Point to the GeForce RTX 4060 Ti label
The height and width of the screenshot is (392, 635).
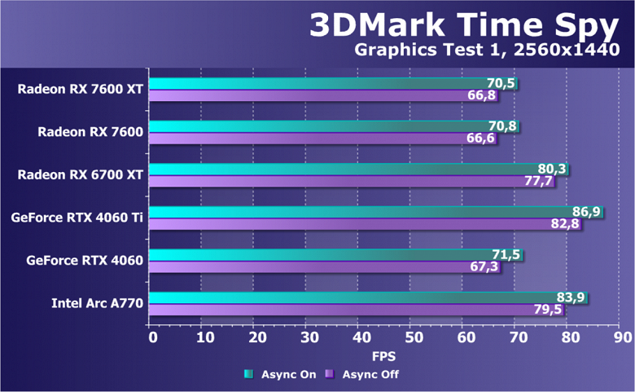coord(77,218)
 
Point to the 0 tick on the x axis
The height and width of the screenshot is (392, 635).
coord(152,337)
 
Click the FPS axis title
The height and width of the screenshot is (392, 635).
coord(384,356)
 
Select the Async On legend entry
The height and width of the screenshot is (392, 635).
coord(278,375)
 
